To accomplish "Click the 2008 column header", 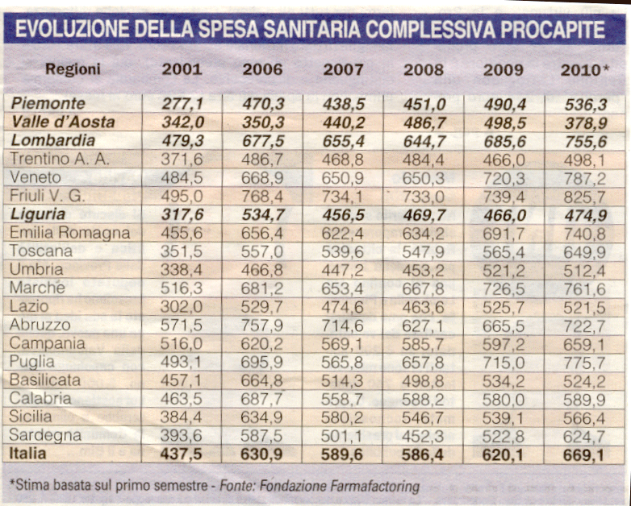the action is click(424, 70).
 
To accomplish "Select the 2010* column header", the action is click(585, 70).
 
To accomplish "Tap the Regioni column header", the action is click(73, 69).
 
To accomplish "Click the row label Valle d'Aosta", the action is click(63, 122).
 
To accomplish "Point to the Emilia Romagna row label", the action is click(70, 233).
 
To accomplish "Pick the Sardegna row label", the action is click(45, 435).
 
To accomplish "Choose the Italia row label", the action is click(27, 454).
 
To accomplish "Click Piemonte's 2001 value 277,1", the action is click(183, 104).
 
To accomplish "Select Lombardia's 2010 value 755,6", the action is click(586, 142).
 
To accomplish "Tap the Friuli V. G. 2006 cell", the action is click(262, 197).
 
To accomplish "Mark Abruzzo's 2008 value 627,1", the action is click(423, 326).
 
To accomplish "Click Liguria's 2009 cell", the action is click(504, 215).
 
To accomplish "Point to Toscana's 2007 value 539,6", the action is click(342, 251).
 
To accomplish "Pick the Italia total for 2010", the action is click(584, 455).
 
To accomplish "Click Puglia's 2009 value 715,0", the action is click(504, 363).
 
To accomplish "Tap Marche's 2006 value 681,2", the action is click(262, 288).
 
